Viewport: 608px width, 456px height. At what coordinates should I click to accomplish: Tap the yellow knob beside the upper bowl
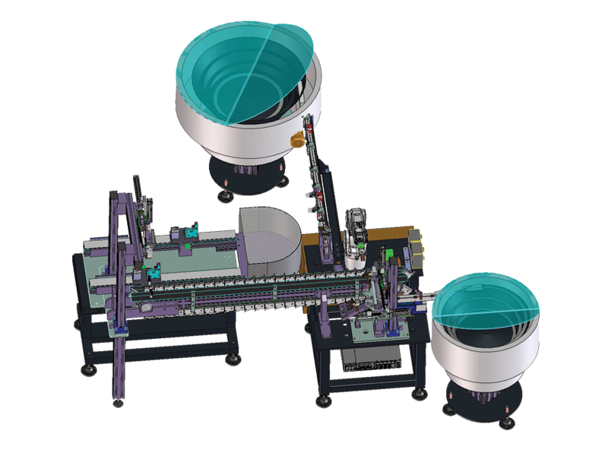coord(297,139)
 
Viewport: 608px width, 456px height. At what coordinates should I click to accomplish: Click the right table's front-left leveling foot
coord(325,397)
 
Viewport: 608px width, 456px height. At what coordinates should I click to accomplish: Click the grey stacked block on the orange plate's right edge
coord(417,243)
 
